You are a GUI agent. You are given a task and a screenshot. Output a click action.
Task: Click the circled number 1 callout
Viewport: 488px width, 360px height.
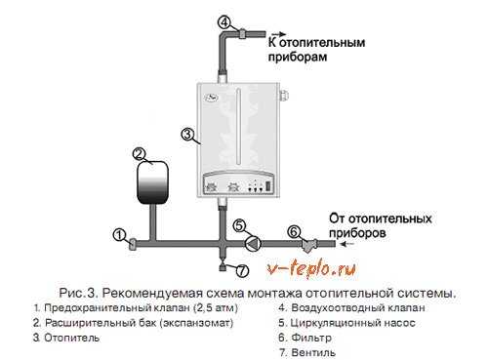tap(119, 235)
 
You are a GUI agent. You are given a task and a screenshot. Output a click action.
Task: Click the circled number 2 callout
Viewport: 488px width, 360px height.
tap(139, 154)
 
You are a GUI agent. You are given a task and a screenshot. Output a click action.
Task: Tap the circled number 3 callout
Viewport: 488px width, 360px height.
tap(187, 135)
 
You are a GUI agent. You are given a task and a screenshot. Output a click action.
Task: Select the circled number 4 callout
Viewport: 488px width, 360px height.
tap(224, 22)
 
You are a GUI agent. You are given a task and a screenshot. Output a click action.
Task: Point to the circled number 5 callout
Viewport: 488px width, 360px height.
tap(239, 225)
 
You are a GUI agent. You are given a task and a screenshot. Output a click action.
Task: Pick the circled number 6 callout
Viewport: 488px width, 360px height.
tap(294, 232)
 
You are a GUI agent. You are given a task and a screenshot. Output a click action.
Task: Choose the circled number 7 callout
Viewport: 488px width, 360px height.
tap(242, 270)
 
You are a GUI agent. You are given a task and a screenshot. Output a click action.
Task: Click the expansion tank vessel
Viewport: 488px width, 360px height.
tap(152, 180)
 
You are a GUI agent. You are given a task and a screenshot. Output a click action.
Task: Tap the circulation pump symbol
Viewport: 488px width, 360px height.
tap(253, 244)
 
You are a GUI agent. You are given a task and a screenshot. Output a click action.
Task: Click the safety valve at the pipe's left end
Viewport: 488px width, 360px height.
tap(133, 244)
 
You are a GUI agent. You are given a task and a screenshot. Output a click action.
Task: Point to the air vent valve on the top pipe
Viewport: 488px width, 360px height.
tap(243, 33)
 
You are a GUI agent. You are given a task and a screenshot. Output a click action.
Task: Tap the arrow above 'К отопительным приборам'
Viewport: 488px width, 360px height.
tap(278, 34)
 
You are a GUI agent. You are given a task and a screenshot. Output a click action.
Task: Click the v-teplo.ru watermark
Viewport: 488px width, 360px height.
tap(311, 268)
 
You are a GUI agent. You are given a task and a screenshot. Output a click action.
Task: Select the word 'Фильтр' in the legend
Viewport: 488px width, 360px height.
tap(311, 338)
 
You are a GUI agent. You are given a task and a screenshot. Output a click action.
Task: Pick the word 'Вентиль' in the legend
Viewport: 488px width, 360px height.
tap(313, 352)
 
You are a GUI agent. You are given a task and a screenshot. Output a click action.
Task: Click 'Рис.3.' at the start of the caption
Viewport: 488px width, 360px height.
tap(78, 293)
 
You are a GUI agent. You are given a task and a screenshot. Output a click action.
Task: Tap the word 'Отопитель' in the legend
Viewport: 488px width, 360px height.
tap(71, 338)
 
